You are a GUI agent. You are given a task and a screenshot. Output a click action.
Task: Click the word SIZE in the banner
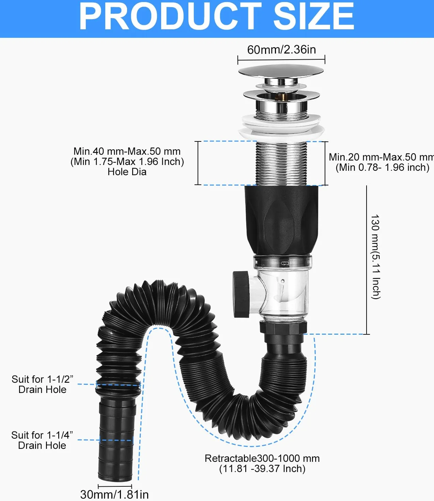(x=314, y=16)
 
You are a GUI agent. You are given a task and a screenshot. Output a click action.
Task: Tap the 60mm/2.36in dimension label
(x=282, y=50)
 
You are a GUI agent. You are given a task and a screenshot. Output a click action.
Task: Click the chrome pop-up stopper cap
(x=281, y=71)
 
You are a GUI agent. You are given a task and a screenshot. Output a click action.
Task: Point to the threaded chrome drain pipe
(x=281, y=164)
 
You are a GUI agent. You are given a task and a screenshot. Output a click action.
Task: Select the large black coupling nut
(x=281, y=220)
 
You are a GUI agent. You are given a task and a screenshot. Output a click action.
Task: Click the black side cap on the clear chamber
(x=241, y=294)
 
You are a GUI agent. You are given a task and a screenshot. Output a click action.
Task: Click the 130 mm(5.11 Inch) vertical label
(x=375, y=257)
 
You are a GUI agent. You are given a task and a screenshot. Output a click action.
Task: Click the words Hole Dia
(x=127, y=172)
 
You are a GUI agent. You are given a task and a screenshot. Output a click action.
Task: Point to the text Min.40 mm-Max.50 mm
(x=127, y=151)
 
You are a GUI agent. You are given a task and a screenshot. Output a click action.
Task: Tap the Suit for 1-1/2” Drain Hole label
(x=42, y=384)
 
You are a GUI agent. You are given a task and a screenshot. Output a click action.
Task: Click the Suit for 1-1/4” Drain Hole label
(x=42, y=440)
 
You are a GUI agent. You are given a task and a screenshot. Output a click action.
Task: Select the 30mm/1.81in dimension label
(x=114, y=495)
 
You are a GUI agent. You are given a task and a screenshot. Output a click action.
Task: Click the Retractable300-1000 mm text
(x=262, y=458)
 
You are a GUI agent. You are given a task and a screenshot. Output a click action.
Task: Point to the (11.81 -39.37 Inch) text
(x=262, y=469)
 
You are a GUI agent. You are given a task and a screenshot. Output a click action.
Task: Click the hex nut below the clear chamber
(x=283, y=327)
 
